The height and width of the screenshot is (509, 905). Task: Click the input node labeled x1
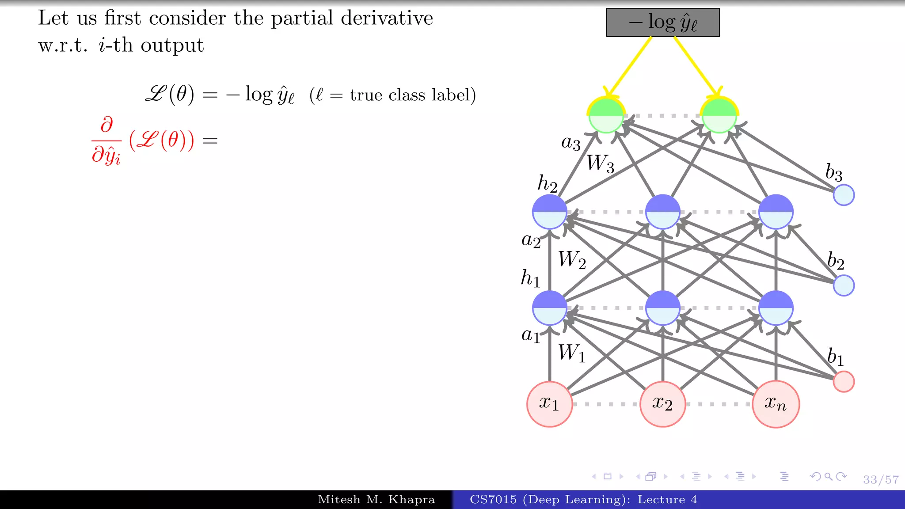549,404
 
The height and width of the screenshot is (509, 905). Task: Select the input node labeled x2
662,404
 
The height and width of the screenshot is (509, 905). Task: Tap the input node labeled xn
776,404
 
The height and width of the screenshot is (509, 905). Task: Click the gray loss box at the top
662,23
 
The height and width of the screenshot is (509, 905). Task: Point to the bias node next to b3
844,195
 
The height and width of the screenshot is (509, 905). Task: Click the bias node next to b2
844,285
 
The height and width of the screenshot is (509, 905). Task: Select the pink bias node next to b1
844,381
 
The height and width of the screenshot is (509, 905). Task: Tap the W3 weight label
600,163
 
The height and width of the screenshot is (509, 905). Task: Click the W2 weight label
572,259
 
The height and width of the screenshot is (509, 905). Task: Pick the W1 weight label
571,353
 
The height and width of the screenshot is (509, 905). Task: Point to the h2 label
547,183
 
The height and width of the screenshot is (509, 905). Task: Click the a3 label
570,143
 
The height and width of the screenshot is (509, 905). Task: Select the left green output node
606,115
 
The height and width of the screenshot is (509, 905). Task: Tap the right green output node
719,115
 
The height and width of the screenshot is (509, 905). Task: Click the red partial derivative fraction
106,141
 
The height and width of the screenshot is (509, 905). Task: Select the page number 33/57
881,479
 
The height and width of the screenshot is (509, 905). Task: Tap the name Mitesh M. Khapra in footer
376,500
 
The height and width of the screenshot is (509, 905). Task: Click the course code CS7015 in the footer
493,500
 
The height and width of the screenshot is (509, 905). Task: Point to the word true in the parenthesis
366,95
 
